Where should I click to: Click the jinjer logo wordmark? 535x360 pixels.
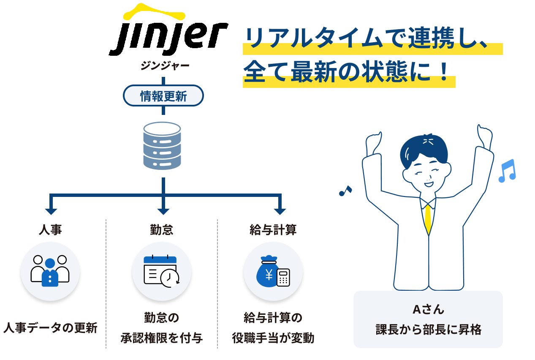pyautogui.click(x=168, y=30)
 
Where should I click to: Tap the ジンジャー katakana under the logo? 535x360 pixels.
pyautogui.click(x=165, y=65)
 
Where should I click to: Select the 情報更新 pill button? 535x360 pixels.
pyautogui.click(x=163, y=95)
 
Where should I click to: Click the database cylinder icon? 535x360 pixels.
pyautogui.click(x=162, y=146)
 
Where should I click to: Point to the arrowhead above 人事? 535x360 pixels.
pyautogui.click(x=51, y=211)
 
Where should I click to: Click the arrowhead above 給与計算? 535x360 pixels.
pyautogui.click(x=280, y=211)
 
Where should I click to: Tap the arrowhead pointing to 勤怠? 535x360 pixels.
pyautogui.click(x=163, y=211)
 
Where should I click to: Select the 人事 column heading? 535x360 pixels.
pyautogui.click(x=50, y=230)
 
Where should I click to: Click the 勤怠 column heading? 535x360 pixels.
pyautogui.click(x=162, y=230)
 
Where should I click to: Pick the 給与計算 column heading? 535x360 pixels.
pyautogui.click(x=273, y=230)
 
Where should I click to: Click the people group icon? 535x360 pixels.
pyautogui.click(x=50, y=271)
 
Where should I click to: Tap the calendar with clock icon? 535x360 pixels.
pyautogui.click(x=161, y=271)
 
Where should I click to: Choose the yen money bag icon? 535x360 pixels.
pyautogui.click(x=273, y=271)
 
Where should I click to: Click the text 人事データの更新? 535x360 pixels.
pyautogui.click(x=50, y=328)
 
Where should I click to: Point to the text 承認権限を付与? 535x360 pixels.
pyautogui.click(x=162, y=338)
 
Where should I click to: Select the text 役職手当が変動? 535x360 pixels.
pyautogui.click(x=273, y=338)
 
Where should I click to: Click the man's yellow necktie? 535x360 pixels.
pyautogui.click(x=428, y=219)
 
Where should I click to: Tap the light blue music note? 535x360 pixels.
pyautogui.click(x=507, y=171)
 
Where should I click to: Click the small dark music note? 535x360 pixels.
pyautogui.click(x=345, y=191)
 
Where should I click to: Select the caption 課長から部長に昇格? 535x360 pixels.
pyautogui.click(x=429, y=330)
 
